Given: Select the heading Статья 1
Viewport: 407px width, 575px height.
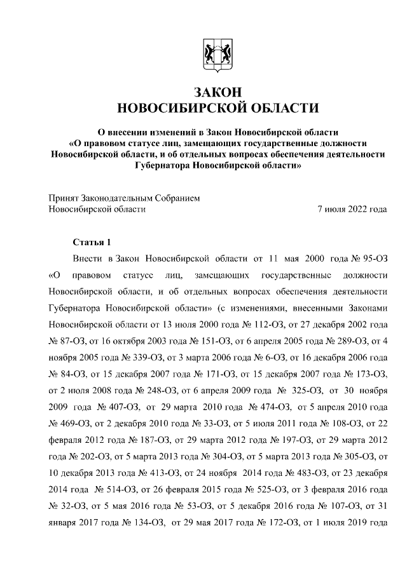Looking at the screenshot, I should point(92,243).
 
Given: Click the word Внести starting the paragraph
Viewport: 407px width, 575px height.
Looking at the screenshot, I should point(88,260).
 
